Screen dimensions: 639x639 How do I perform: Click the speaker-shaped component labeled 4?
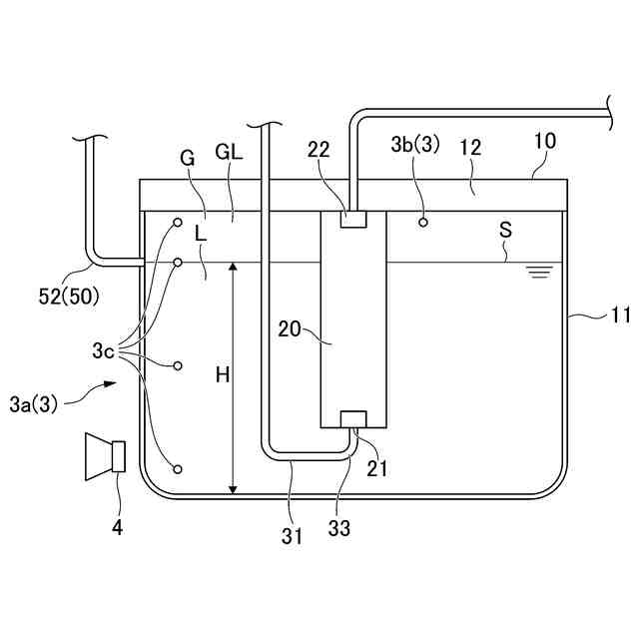pyautogui.click(x=106, y=455)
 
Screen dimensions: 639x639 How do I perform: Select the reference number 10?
pyautogui.click(x=544, y=142)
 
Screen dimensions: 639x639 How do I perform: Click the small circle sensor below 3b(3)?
pyautogui.click(x=423, y=222)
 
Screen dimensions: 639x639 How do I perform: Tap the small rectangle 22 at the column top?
pyautogui.click(x=352, y=218)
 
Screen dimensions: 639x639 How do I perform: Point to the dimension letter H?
pyautogui.click(x=222, y=375)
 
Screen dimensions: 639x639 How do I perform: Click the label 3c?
pyautogui.click(x=104, y=350)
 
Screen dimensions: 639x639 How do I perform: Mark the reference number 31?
pyautogui.click(x=292, y=536)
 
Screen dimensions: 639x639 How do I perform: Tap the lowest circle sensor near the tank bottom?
pyautogui.click(x=178, y=469)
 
